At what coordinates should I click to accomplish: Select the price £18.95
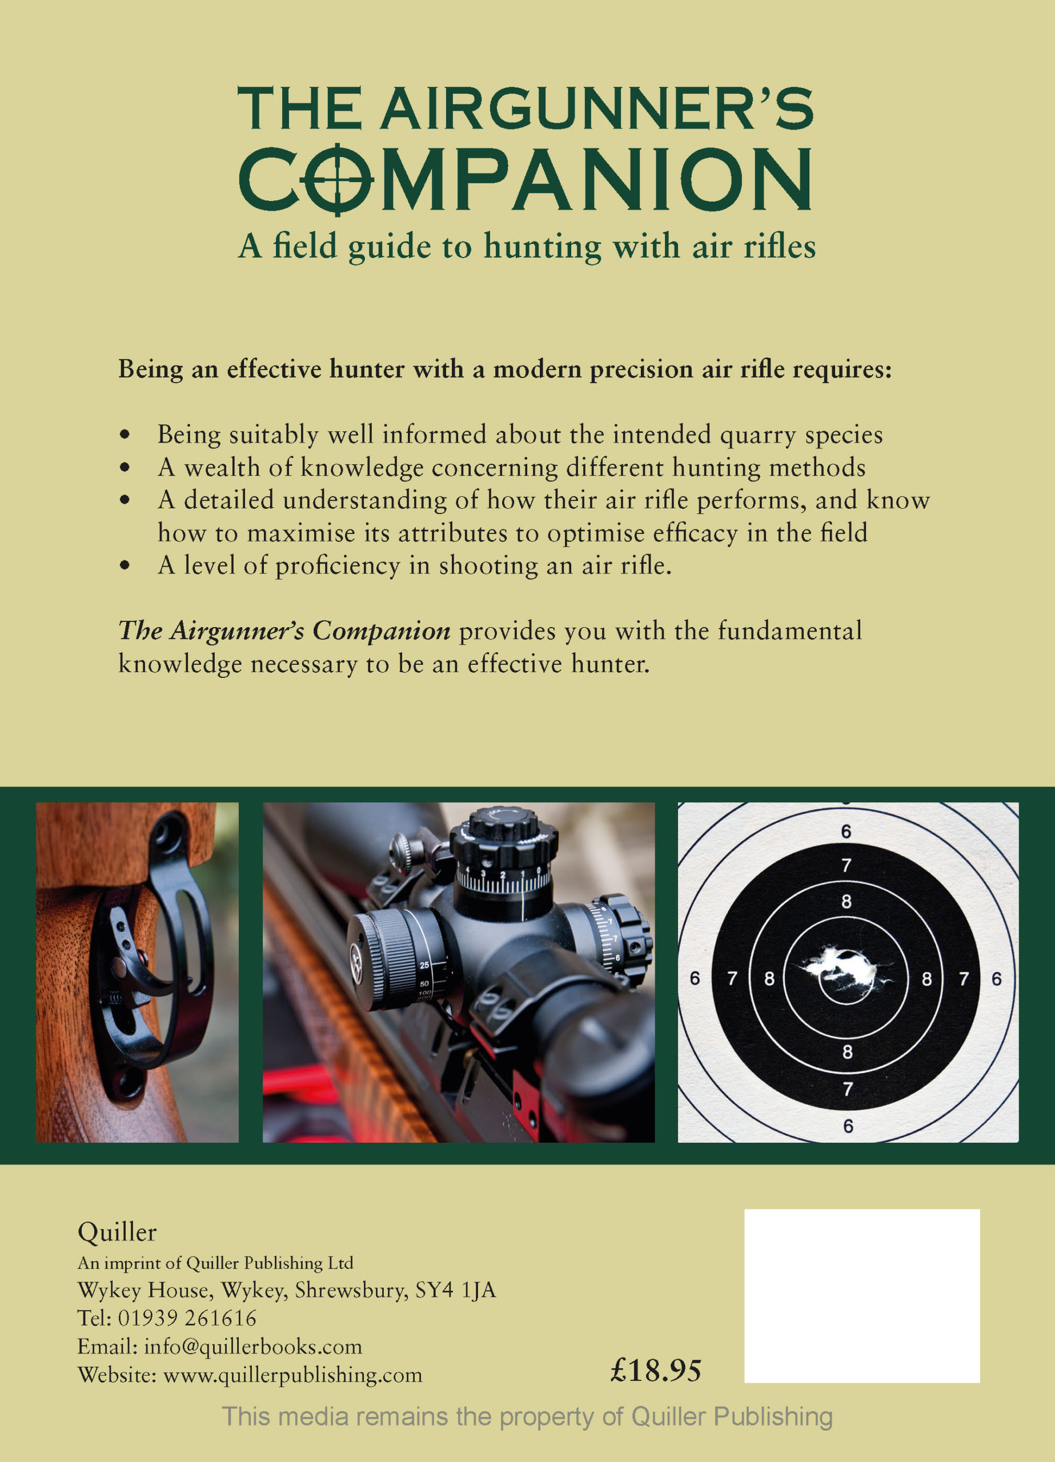(655, 1371)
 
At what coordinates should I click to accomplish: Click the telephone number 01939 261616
(187, 1318)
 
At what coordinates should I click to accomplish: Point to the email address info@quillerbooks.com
(253, 1347)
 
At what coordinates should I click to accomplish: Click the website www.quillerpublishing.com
(293, 1375)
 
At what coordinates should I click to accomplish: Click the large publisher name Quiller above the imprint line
(117, 1232)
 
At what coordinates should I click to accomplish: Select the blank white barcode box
(861, 1296)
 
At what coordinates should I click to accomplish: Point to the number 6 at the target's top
(846, 832)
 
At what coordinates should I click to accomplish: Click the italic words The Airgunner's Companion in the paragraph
(284, 631)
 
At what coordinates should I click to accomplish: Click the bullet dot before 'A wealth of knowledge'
(125, 467)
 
